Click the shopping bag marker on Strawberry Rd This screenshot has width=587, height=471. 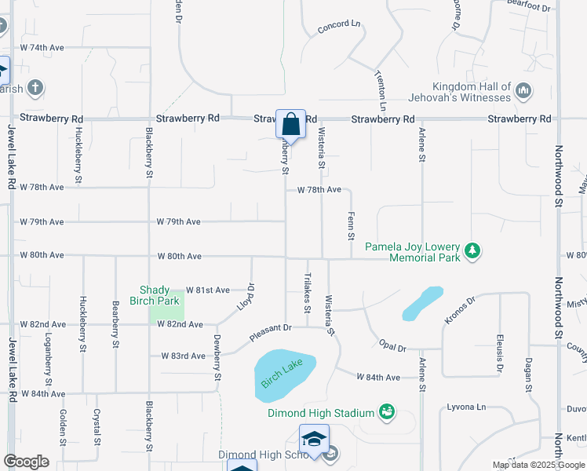point(290,125)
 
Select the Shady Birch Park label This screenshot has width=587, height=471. point(160,295)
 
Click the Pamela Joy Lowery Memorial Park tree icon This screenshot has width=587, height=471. point(472,251)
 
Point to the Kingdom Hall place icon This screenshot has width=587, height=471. point(524,92)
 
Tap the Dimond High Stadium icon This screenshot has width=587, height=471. point(385,411)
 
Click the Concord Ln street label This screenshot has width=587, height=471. point(339,27)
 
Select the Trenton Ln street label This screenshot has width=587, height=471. point(381,89)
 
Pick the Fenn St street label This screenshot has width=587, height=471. point(351,225)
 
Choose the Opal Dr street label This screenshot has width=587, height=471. point(391,347)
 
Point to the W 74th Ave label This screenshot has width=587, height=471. point(42,48)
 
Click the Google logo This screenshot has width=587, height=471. point(26,462)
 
